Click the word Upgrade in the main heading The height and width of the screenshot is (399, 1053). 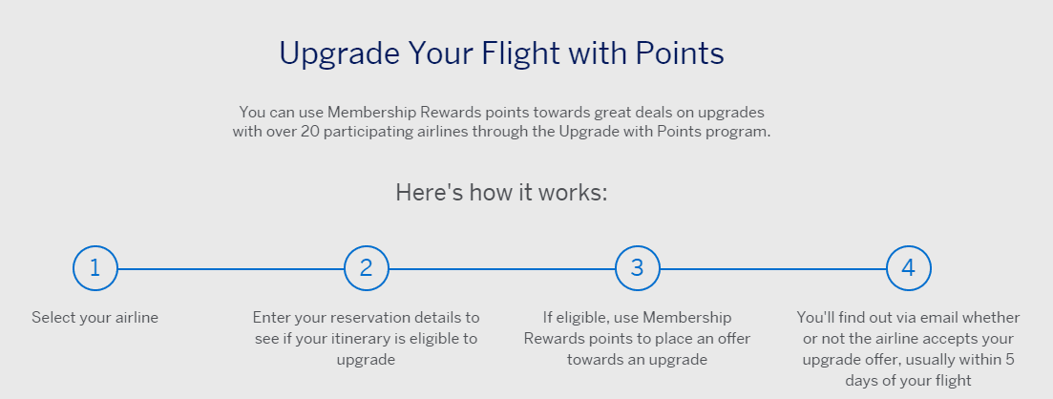pyautogui.click(x=339, y=54)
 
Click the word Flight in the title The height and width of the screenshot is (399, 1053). pyautogui.click(x=519, y=53)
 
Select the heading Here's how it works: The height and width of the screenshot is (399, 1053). pyautogui.click(x=501, y=192)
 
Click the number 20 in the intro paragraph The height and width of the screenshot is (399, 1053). pyautogui.click(x=309, y=131)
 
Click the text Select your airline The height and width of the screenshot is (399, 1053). pyautogui.click(x=95, y=318)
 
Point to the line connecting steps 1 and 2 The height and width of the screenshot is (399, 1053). pyautogui.click(x=231, y=268)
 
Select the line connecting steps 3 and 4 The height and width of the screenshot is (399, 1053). pyautogui.click(x=773, y=268)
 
